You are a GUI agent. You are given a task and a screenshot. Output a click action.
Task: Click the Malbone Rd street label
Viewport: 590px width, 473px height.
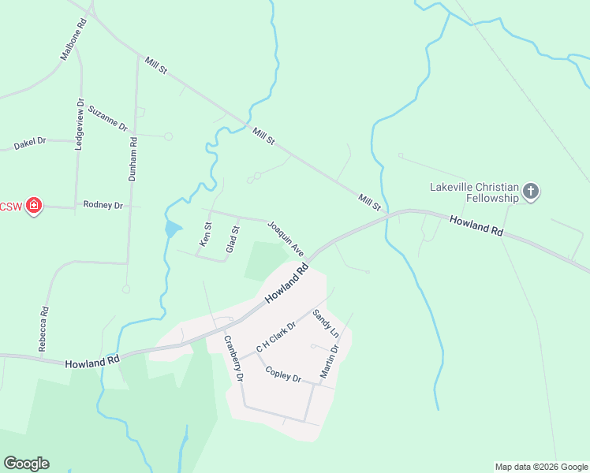pos(73,40)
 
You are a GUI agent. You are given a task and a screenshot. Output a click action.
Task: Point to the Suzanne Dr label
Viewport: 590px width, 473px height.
pos(107,118)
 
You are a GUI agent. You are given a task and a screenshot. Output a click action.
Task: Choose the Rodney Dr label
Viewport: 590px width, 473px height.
pos(103,205)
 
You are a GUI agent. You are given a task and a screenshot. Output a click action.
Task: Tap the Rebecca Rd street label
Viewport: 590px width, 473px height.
pos(44,329)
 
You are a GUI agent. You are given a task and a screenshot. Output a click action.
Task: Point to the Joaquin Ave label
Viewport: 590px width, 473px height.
pos(286,237)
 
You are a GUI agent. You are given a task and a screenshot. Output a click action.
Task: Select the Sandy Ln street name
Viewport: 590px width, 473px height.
pos(325,323)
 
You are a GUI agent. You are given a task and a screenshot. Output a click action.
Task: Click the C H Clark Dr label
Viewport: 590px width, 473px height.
pos(275,337)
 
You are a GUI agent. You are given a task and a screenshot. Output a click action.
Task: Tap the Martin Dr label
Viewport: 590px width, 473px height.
pos(329,359)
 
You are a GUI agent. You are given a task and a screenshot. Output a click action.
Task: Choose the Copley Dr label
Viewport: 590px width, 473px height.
pos(284,374)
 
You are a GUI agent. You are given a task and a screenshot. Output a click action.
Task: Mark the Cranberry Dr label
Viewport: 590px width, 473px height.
pos(233,359)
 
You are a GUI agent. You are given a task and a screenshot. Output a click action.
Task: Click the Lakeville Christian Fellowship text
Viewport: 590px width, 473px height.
pos(474,193)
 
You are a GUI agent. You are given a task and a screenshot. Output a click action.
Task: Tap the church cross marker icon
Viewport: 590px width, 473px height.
pos(531,191)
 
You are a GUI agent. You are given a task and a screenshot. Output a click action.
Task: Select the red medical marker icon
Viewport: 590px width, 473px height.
pos(33,207)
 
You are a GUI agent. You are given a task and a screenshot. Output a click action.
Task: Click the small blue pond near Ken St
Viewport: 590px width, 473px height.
pos(173,230)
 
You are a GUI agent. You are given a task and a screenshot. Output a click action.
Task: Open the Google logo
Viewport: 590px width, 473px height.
pos(26,464)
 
